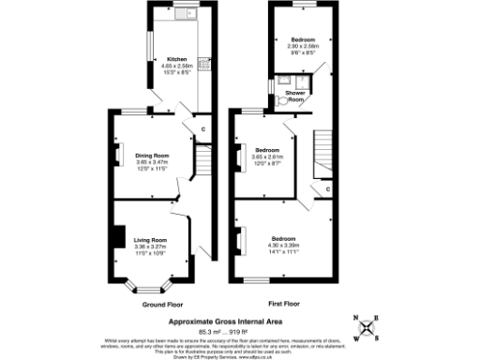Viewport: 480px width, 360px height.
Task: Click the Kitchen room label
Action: [x=176, y=59]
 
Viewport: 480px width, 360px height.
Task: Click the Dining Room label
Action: [x=151, y=156]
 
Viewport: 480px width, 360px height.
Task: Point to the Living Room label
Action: [x=150, y=240]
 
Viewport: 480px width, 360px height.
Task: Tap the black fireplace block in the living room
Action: [x=116, y=237]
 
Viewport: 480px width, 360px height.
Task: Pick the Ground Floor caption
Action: [x=160, y=305]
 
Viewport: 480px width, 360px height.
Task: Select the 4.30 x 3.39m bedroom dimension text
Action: [x=286, y=246]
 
